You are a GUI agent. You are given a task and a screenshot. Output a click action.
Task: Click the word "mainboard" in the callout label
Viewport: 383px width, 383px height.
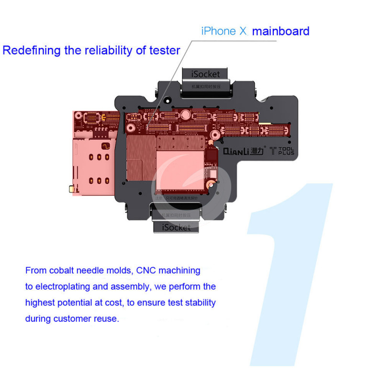click(281, 32)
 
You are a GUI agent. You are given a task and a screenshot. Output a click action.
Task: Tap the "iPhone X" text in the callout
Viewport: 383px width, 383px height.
click(224, 32)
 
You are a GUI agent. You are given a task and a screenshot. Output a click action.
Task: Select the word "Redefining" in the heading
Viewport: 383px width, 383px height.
click(31, 50)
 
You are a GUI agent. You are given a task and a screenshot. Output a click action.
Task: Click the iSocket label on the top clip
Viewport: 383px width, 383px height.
click(206, 74)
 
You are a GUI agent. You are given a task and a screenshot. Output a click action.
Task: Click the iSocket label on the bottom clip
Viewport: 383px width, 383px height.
click(176, 227)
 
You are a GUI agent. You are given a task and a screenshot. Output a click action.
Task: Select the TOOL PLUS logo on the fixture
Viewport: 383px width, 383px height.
click(282, 150)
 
